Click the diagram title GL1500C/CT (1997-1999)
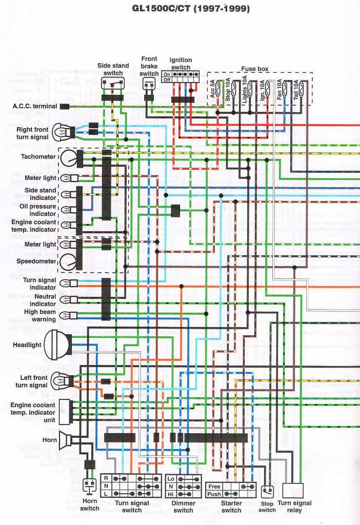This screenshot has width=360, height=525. point(191,9)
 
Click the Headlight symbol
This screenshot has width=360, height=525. point(57,345)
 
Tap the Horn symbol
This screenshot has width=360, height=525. point(65,440)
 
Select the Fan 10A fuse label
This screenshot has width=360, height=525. point(279,89)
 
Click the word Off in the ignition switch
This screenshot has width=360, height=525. point(167,80)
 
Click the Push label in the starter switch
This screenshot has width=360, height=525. point(214,494)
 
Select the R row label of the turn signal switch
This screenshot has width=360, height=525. point(106,478)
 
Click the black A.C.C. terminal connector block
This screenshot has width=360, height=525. point(65,107)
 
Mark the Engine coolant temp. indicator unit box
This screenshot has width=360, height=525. point(65,412)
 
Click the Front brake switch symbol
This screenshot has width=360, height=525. point(149,85)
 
